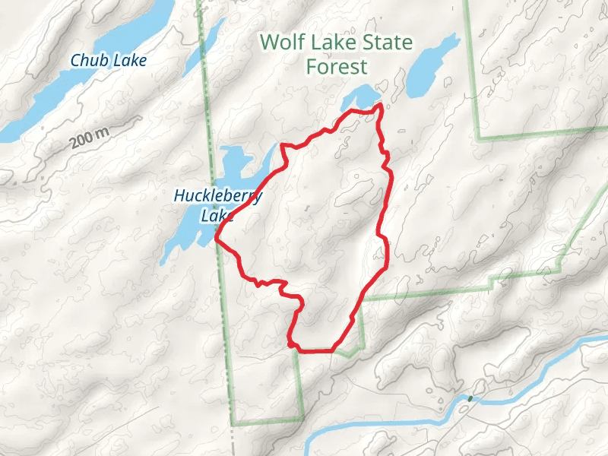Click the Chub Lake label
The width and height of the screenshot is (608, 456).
(109, 59)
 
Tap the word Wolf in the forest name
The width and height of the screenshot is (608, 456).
(281, 42)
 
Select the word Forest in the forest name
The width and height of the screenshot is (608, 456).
(336, 66)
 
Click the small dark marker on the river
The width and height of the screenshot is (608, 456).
(470, 398)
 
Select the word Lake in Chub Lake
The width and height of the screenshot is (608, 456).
(128, 59)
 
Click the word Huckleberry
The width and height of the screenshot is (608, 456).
(217, 196)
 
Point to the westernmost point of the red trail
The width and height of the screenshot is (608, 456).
(217, 238)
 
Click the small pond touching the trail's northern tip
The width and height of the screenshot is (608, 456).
(360, 99)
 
